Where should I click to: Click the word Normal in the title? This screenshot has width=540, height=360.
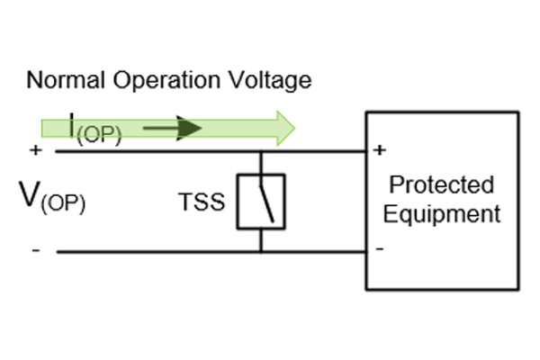[x=59, y=80]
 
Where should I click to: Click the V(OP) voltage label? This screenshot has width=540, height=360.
[x=51, y=195]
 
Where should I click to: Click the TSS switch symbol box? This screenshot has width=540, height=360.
[x=261, y=201]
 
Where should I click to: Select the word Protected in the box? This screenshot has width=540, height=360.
[x=441, y=185]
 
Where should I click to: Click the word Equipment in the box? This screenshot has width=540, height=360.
[x=441, y=214]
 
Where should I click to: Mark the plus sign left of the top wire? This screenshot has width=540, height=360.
[x=35, y=150]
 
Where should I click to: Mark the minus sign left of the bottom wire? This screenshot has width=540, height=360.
[x=35, y=250]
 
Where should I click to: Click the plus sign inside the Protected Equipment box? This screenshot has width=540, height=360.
[x=380, y=149]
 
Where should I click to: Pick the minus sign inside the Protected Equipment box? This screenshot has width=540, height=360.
[x=380, y=248]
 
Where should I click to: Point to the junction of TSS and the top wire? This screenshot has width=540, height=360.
[x=261, y=151]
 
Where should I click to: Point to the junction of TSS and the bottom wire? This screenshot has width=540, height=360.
[x=261, y=252]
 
